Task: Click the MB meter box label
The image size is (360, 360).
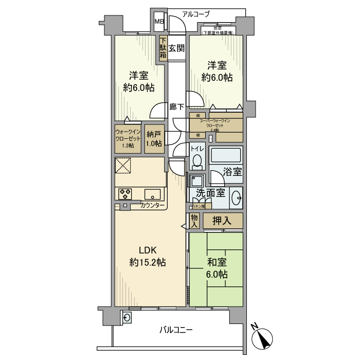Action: click(159, 22)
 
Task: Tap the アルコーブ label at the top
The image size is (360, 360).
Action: click(196, 14)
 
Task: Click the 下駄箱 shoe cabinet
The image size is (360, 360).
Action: click(163, 49)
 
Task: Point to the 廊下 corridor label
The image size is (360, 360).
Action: click(177, 107)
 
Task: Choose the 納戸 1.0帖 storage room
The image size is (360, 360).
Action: click(154, 139)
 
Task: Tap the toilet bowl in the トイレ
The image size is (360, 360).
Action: click(197, 161)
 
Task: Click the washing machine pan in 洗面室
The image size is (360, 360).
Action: click(197, 181)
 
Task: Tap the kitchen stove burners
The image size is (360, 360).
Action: click(125, 194)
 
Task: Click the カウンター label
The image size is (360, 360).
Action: click(153, 206)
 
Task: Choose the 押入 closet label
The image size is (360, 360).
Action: click(223, 221)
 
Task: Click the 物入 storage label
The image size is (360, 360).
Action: click(194, 221)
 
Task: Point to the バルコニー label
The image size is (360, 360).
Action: click(176, 330)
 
